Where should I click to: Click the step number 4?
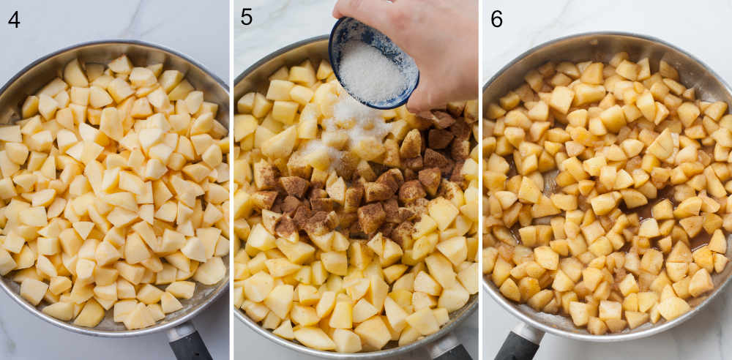[14, 19]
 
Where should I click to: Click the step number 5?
[247, 17]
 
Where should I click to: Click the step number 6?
[496, 19]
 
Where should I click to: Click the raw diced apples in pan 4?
[110, 198]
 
